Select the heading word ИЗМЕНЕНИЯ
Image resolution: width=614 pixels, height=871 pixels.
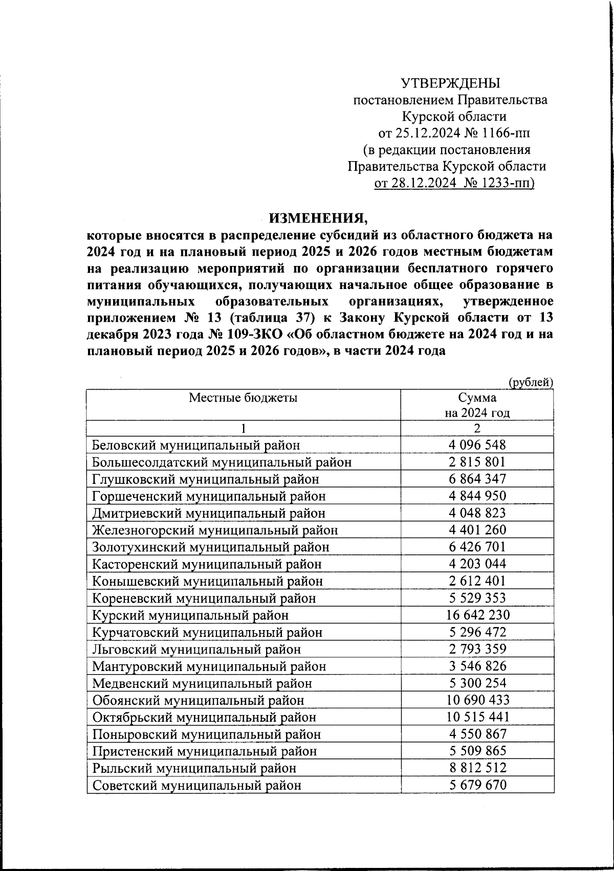(x=318, y=219)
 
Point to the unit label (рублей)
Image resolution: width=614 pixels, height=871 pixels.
(x=531, y=382)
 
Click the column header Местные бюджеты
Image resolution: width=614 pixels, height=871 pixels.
(x=243, y=397)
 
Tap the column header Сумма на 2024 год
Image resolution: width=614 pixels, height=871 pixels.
(x=477, y=405)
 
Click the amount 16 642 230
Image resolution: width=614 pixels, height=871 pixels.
(x=477, y=615)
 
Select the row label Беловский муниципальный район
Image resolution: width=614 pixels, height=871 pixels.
(x=196, y=445)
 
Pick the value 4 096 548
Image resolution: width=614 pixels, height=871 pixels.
(x=477, y=445)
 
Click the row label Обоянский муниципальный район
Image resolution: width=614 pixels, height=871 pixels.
(x=198, y=700)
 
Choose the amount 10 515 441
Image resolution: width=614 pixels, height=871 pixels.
(x=477, y=717)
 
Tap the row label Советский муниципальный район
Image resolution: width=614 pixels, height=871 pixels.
(x=196, y=785)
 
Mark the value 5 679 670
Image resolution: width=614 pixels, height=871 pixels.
(x=477, y=785)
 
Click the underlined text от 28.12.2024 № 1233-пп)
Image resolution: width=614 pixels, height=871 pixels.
(x=454, y=183)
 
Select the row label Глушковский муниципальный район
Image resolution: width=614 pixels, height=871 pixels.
(x=205, y=479)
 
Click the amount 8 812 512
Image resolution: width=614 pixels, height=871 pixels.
(x=477, y=768)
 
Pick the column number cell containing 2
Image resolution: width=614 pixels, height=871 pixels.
(x=477, y=428)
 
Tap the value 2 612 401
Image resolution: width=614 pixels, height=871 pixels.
(x=477, y=581)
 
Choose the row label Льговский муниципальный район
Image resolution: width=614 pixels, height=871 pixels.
(x=196, y=649)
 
